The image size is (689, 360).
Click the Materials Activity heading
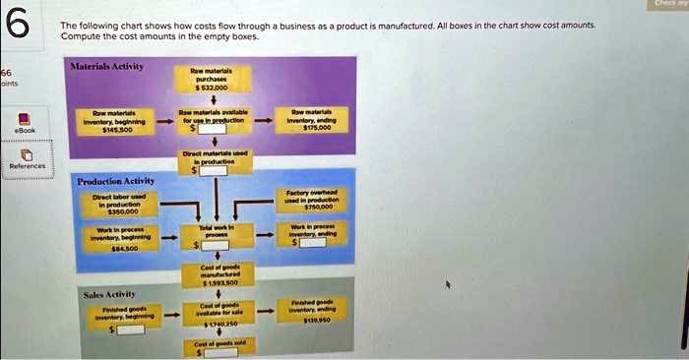pos(103,66)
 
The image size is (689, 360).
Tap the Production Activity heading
pos(116,181)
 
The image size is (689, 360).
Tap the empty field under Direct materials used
pos(216,170)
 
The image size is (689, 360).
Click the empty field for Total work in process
pos(219,244)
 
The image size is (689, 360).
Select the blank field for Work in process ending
pos(314,243)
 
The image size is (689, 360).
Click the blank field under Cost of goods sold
pos(217,352)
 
